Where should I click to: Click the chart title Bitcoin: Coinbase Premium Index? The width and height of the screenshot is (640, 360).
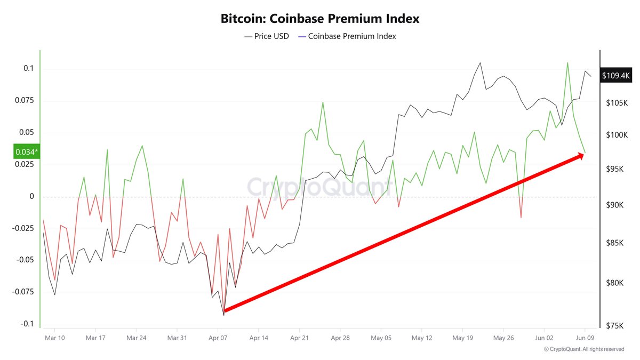click(x=320, y=19)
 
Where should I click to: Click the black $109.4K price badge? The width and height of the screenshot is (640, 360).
click(x=616, y=76)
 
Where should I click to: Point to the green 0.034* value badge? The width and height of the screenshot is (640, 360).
click(x=26, y=152)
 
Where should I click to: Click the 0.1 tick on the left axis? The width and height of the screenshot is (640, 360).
click(x=28, y=68)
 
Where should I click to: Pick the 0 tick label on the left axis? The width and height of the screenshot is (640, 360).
click(x=32, y=196)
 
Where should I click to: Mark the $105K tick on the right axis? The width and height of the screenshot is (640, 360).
click(x=618, y=103)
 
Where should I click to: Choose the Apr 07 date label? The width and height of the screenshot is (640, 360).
click(x=219, y=338)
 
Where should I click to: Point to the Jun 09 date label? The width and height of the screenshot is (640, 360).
click(x=585, y=338)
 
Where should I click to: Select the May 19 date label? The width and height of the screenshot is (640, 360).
click(x=462, y=338)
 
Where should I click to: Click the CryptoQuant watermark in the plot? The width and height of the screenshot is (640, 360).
click(x=318, y=187)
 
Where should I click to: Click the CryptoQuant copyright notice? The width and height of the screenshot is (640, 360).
click(x=584, y=349)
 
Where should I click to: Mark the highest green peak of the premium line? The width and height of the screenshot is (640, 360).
click(x=567, y=62)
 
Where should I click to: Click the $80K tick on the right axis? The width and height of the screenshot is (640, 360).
click(x=617, y=283)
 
